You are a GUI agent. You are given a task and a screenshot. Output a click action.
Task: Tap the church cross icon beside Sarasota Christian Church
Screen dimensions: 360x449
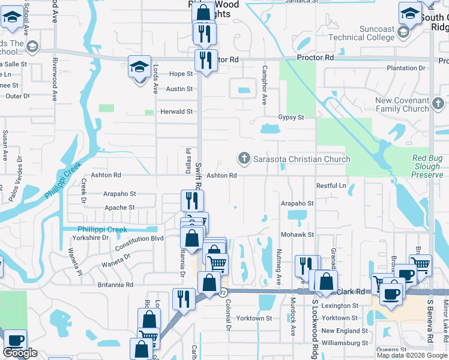(x=244, y=159)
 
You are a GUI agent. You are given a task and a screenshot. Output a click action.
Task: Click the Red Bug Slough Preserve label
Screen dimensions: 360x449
(x=427, y=166)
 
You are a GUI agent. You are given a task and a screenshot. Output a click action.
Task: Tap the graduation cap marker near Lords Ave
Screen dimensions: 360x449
(x=139, y=67)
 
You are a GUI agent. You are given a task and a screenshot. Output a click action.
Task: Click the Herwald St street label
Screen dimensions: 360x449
(x=176, y=112)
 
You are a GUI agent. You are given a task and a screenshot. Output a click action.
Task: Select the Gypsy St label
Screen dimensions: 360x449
(x=291, y=118)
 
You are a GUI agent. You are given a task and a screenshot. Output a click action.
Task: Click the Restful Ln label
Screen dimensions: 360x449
(x=331, y=186)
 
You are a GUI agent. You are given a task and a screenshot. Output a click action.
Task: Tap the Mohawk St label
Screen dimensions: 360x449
(x=298, y=235)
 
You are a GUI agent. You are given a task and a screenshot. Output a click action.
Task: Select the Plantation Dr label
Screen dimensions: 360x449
(x=406, y=68)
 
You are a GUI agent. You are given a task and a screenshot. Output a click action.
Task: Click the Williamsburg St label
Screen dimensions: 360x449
(x=345, y=343)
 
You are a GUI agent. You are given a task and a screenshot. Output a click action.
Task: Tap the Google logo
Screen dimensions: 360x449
(x=20, y=353)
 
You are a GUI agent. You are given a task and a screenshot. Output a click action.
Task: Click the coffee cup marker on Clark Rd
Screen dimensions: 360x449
(x=391, y=294)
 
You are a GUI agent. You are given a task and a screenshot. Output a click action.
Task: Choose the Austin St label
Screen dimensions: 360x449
(x=179, y=89)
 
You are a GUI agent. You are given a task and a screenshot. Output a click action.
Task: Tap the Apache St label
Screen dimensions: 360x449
(x=119, y=208)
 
